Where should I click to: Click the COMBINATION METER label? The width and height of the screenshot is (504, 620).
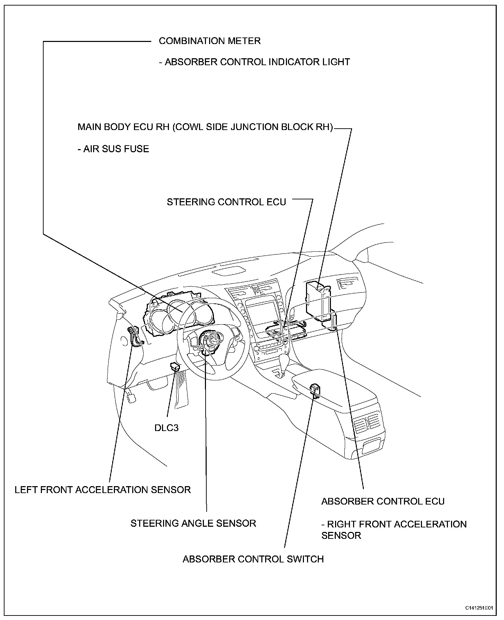pos(209,41)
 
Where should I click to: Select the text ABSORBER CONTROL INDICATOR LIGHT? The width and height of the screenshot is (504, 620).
pos(257,62)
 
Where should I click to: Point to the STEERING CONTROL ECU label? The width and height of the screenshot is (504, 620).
pos(226,202)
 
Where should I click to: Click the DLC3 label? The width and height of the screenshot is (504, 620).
pos(166,428)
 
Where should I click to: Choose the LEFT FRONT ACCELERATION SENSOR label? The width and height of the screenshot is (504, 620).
pos(103,490)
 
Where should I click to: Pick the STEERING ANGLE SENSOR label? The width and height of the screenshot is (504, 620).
pos(193,523)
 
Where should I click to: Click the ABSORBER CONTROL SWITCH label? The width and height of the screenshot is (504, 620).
pos(253,569)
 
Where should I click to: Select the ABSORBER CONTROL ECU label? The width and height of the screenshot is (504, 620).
pos(383,501)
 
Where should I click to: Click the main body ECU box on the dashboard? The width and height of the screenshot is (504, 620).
pos(317,300)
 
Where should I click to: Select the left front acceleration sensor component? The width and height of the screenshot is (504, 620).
pos(133,335)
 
